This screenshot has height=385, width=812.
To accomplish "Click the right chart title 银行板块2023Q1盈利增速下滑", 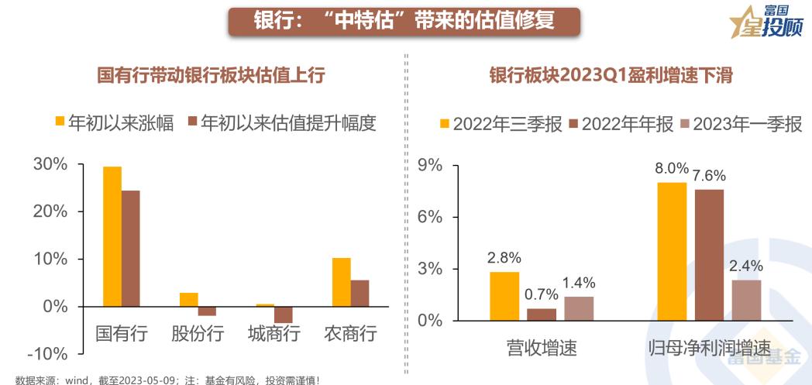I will tap(611, 75).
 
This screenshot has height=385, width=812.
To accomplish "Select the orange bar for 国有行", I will tap(112, 236).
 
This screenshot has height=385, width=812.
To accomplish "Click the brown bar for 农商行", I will tap(360, 293).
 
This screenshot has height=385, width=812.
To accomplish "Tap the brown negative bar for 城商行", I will tap(284, 315).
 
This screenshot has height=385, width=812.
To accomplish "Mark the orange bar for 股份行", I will tap(189, 299).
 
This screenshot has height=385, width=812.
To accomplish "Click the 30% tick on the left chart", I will tap(50, 164).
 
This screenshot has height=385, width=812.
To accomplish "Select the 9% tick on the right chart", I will tap(429, 165).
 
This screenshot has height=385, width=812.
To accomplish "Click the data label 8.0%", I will tap(672, 168).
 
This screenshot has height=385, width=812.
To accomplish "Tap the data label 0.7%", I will tap(542, 294).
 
